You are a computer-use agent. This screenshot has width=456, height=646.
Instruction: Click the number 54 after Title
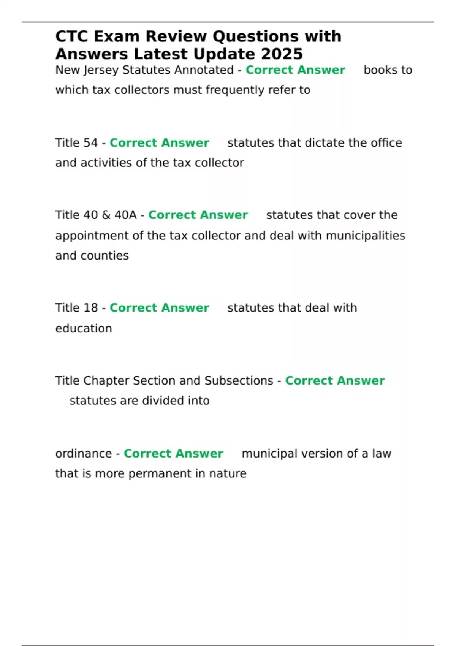[90, 143]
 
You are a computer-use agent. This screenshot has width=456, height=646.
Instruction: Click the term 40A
[125, 215]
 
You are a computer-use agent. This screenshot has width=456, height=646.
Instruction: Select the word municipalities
[366, 236]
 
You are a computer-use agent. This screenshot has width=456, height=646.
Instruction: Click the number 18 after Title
[90, 308]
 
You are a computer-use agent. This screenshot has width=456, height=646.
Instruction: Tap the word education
[84, 329]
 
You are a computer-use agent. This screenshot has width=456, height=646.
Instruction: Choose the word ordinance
[84, 454]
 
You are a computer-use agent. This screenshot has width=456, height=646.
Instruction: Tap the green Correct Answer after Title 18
[159, 308]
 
